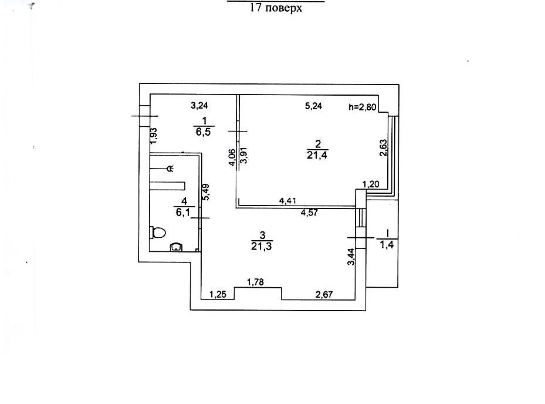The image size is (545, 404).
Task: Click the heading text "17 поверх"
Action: pos(275,9)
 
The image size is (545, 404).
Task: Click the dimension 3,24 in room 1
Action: pos(200,106)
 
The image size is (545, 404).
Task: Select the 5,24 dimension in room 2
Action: pos(314,106)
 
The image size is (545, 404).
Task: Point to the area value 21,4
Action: pos(317,154)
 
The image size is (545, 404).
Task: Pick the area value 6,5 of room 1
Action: pos(203,133)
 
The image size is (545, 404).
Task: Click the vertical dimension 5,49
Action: pos(205,193)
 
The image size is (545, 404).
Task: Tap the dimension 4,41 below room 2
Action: pos(287,201)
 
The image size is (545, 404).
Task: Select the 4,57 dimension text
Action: pos(309,213)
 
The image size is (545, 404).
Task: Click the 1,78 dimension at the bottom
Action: pos(255,282)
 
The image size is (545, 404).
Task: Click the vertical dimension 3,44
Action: pos(351,258)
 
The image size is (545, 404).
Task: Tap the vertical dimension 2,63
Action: pos(382,147)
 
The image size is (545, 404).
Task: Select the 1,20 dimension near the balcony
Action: pos(371,184)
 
